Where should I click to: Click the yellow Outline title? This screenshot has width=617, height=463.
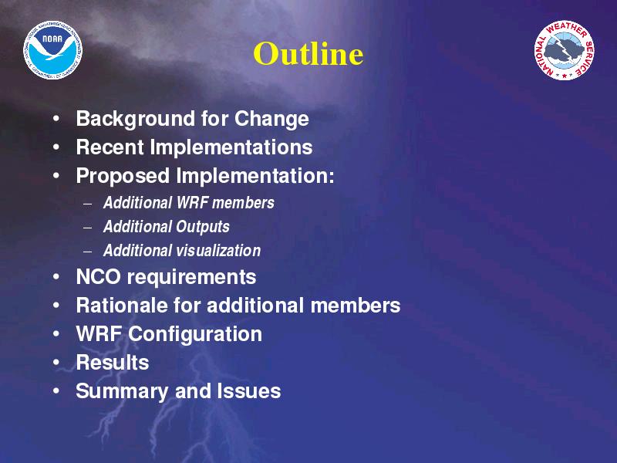(x=308, y=53)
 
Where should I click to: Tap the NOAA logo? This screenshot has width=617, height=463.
(x=53, y=50)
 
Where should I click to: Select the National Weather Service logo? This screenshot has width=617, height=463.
(x=564, y=50)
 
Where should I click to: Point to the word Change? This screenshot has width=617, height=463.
(x=271, y=119)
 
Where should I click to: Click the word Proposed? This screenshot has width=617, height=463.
(x=123, y=176)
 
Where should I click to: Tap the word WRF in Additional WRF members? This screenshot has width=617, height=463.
(x=192, y=203)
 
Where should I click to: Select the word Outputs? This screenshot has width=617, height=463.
(x=202, y=227)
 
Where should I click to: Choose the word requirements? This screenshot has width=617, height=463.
(x=191, y=278)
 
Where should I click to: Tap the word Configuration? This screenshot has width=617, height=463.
(x=195, y=335)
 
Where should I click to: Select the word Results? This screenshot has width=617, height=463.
(x=113, y=362)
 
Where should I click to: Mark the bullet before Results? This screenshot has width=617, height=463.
(x=56, y=362)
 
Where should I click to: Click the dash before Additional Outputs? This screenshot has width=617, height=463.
(x=88, y=228)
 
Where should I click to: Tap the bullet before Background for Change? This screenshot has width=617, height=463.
(x=56, y=118)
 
